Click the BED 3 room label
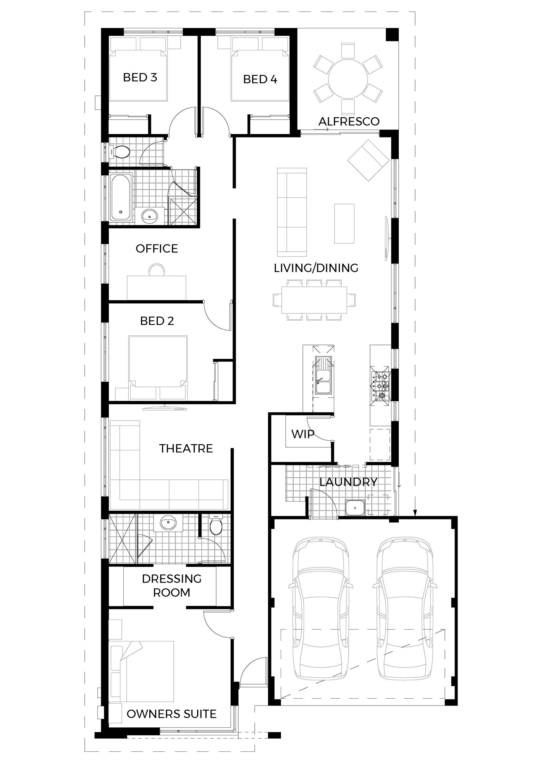[x=140, y=78]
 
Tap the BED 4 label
[x=260, y=79]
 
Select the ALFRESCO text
[x=349, y=121]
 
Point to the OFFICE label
[x=157, y=249]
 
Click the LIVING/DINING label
[x=316, y=268]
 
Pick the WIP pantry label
[x=302, y=434]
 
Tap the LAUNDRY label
[x=348, y=482]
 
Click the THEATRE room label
[x=186, y=448]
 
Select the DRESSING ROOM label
[x=171, y=586]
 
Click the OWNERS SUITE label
[x=171, y=714]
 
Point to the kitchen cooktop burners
[x=380, y=386]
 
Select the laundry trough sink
[x=355, y=508]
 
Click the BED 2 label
[x=157, y=321]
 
